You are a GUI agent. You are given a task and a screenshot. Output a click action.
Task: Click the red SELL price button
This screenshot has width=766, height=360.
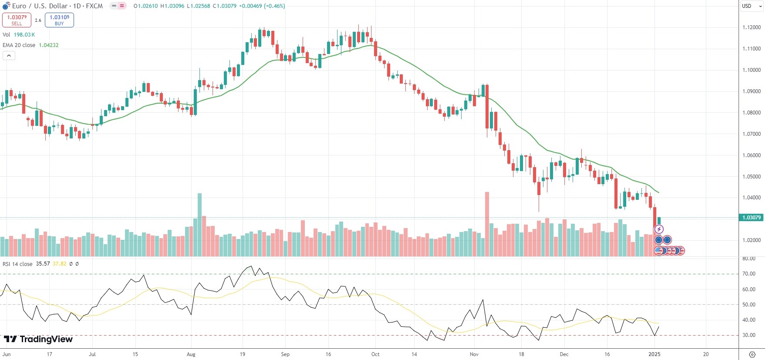click(x=17, y=20)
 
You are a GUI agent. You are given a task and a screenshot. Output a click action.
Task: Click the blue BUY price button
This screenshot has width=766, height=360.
click(x=59, y=20)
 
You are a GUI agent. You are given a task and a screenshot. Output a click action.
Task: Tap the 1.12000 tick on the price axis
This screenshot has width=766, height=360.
click(x=751, y=27)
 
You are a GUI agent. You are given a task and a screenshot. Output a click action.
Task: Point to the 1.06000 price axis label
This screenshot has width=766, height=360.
click(x=751, y=155)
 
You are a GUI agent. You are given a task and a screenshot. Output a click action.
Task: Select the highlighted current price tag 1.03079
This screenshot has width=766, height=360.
click(x=751, y=218)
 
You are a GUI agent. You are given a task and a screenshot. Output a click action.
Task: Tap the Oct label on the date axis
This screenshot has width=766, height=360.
click(x=375, y=354)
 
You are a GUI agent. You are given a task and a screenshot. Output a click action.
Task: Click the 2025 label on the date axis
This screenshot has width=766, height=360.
click(x=655, y=354)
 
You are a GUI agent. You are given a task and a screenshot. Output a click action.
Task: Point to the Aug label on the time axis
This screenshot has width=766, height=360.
click(x=191, y=354)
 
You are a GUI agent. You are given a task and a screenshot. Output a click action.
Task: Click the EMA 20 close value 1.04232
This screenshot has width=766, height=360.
click(x=49, y=45)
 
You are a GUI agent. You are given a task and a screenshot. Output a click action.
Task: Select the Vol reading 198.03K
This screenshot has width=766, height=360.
click(x=24, y=35)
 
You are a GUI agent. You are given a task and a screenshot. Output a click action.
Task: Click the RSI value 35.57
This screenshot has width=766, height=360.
click(x=43, y=264)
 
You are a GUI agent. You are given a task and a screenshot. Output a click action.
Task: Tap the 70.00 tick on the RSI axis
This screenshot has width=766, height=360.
click(x=749, y=274)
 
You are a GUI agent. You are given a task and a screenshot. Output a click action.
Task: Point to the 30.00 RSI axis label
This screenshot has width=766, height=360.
click(x=749, y=335)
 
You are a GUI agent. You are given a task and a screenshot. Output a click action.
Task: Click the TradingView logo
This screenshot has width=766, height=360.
click(x=38, y=339)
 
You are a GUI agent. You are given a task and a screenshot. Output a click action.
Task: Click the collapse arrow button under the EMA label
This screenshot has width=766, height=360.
click(x=9, y=55)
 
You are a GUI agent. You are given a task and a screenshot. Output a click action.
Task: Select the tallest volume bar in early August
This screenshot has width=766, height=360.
click(x=200, y=224)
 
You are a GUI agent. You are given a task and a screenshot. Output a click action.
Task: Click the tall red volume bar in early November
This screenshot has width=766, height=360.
click(x=487, y=224)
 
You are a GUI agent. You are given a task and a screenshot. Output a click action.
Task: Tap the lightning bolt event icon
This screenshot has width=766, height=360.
click(x=659, y=229)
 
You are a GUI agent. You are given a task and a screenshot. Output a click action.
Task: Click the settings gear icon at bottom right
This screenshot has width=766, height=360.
click(x=752, y=354)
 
